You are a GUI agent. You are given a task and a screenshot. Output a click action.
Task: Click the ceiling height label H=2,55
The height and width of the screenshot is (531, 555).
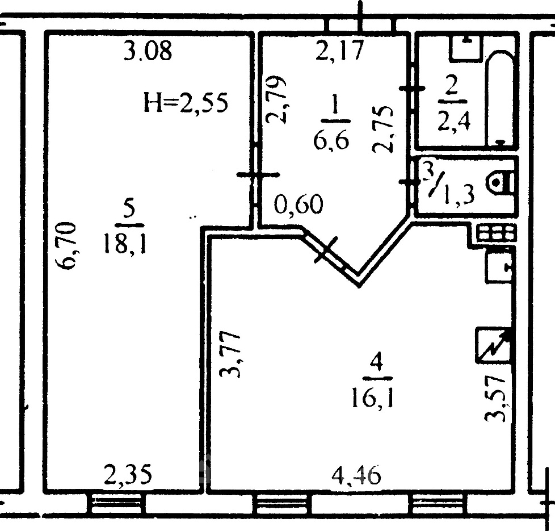[x=186, y=102]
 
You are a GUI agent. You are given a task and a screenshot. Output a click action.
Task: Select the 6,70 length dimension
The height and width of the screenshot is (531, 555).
[x=68, y=245]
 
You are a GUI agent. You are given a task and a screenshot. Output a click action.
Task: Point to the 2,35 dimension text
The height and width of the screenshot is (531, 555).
[x=128, y=475]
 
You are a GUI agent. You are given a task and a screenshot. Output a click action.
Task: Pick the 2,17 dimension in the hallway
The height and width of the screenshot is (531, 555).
[x=339, y=51]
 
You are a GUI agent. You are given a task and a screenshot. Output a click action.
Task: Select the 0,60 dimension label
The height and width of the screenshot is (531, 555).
[x=298, y=204]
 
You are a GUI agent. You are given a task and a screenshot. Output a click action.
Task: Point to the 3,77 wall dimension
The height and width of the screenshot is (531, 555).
[x=230, y=354]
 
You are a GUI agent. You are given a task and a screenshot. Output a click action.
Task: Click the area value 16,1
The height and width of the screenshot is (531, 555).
[x=372, y=398]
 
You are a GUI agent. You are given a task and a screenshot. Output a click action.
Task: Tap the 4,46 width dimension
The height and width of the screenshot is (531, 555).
[x=356, y=475]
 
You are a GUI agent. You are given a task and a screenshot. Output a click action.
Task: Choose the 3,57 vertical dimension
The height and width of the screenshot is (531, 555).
[x=495, y=399]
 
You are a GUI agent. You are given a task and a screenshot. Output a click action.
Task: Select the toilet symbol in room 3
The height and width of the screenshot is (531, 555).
[x=501, y=183]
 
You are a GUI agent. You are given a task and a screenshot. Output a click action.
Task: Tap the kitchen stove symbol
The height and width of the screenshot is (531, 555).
[x=495, y=233]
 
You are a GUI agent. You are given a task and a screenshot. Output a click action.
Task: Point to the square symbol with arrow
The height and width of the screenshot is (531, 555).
[x=494, y=345]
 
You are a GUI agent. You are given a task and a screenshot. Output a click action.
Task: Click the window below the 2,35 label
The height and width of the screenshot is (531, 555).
[x=116, y=504]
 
